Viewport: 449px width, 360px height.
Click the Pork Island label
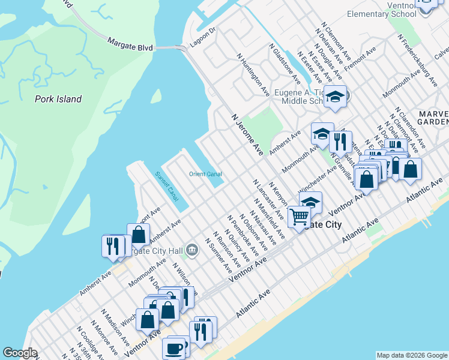[x=58, y=99]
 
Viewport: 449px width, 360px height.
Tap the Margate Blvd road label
[x=130, y=44]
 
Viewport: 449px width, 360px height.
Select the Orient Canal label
[x=205, y=174]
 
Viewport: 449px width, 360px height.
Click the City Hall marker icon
[x=191, y=249]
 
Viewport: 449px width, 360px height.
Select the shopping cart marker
[x=298, y=216]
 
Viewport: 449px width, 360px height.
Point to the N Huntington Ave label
[x=253, y=74]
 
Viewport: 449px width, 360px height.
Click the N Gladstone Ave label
[x=285, y=63]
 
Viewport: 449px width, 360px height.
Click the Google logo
[x=20, y=353]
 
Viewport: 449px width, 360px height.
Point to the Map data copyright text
[x=412, y=355]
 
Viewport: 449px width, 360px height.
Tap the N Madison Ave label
[x=115, y=326]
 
